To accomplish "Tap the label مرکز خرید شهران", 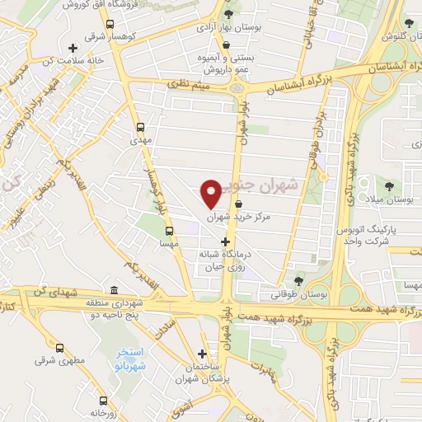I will (227, 218).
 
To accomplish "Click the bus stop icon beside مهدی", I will (140, 128).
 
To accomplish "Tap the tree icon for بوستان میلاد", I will (387, 185).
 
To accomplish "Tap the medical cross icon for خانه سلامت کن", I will (75, 47).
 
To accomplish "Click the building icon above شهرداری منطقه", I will (113, 290).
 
